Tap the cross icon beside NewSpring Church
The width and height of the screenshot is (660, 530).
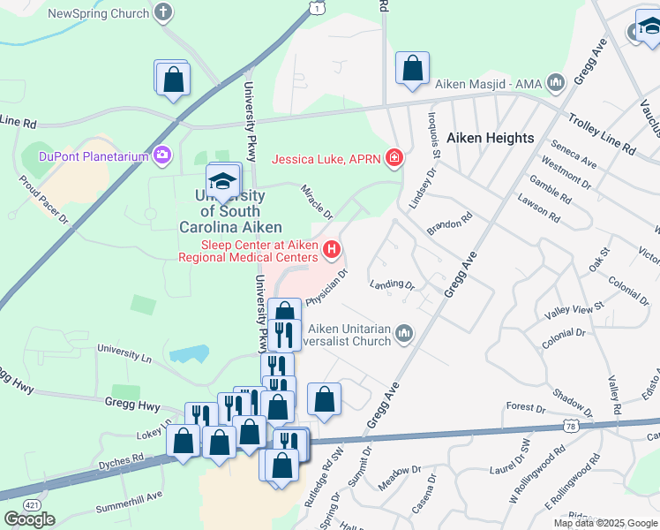[x=162, y=12]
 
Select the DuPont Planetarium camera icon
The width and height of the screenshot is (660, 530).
[x=161, y=156]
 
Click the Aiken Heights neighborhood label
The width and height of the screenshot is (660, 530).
[x=490, y=138]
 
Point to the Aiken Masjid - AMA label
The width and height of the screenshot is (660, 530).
[x=488, y=85]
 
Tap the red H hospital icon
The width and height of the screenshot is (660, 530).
[x=332, y=251]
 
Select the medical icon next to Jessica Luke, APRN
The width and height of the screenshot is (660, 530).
[x=394, y=159]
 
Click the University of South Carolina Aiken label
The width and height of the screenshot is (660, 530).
[x=220, y=211]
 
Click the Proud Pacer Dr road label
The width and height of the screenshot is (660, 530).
[x=43, y=200]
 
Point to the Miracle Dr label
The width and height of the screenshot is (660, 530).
[x=316, y=202]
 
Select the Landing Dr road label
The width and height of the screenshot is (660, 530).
[x=392, y=285]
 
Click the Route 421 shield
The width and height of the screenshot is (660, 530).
[x=32, y=503]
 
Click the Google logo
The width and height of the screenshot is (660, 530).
[x=29, y=519]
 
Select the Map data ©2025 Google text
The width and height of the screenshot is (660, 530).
[x=605, y=523]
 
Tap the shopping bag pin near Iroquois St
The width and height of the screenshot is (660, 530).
[x=412, y=68]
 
